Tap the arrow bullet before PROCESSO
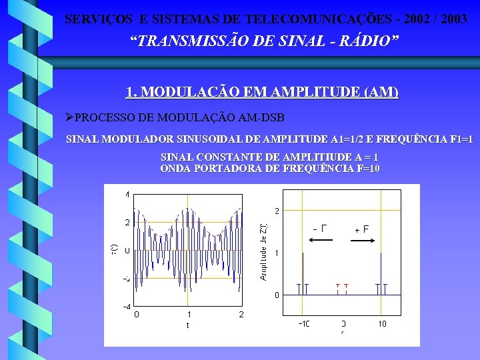click(69, 117)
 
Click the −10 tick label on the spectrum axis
click(303, 323)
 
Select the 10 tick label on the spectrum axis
click(382, 323)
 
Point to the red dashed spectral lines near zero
click(343, 288)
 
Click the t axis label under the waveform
click(187, 325)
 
